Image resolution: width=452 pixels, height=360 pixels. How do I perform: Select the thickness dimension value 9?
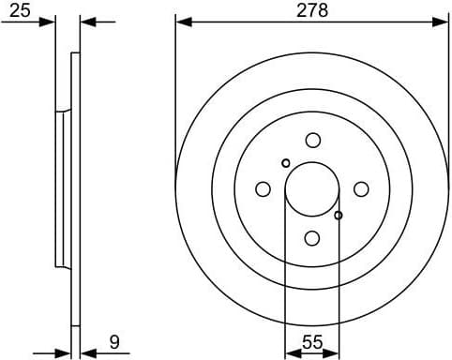tap(113, 342)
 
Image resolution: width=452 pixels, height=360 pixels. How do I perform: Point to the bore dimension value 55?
tap(312, 343)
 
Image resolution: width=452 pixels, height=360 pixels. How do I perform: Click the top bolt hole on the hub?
tap(312, 141)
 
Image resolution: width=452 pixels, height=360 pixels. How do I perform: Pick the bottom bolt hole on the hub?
tap(312, 238)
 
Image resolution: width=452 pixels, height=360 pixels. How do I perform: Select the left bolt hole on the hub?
tap(264, 189)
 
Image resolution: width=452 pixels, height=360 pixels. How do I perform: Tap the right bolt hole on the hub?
tap(361, 189)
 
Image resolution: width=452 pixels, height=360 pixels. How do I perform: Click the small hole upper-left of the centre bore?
tap(286, 163)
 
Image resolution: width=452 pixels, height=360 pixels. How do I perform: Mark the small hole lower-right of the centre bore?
tap(339, 216)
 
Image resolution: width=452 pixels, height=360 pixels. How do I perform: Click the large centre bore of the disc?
tap(312, 189)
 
